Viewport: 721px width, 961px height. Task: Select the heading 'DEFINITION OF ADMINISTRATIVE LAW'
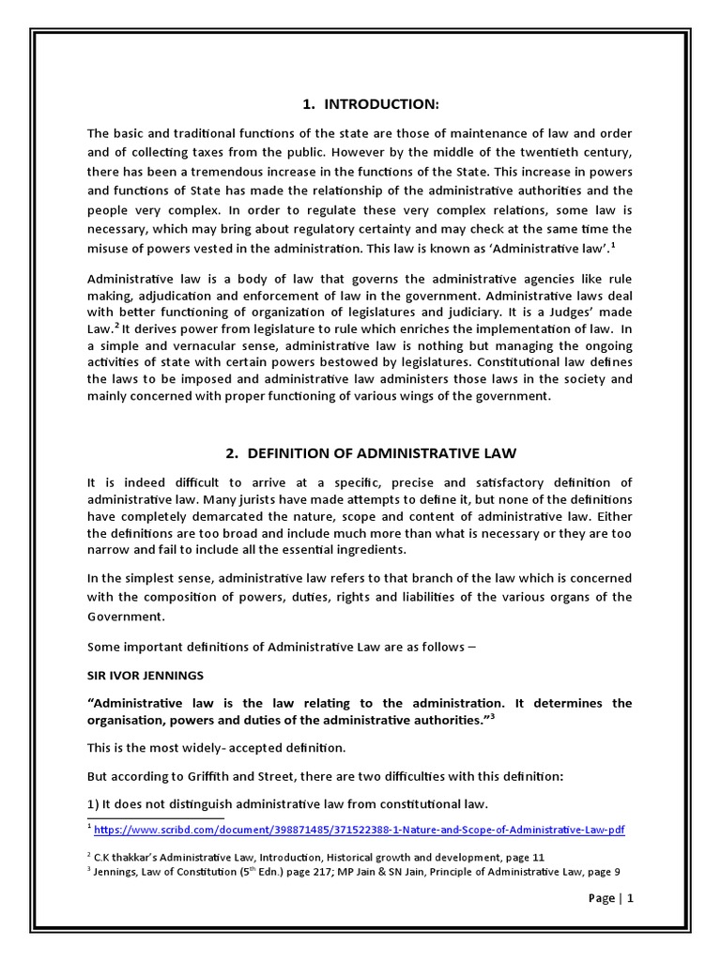371,453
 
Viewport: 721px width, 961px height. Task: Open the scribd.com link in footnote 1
360,831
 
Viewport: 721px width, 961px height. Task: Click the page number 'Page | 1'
611,898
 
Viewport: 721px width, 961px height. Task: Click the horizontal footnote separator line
155,818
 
